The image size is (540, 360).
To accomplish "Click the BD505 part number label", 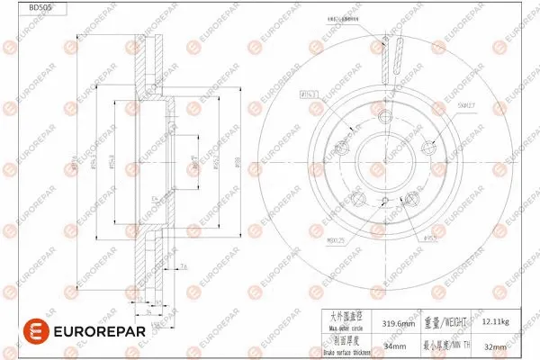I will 40,7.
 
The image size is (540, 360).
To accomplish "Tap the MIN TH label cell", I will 446,343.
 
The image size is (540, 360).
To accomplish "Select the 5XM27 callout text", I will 466,106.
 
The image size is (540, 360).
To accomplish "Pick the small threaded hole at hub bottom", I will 384,200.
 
